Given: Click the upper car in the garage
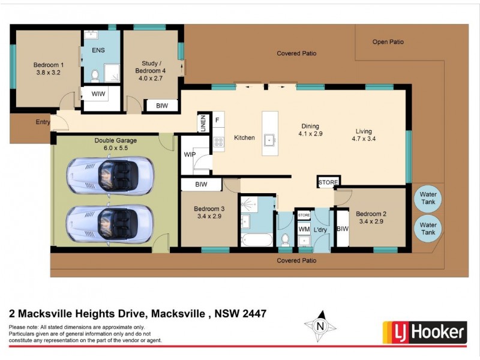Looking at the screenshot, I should click(x=110, y=175).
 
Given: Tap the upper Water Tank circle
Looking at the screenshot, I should click(x=427, y=199).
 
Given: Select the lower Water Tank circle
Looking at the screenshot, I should click(x=427, y=228).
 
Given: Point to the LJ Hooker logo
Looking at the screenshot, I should click(x=425, y=331).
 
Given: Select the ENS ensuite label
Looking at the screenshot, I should click(x=98, y=50).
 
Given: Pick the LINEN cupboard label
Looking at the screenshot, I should click(x=203, y=124).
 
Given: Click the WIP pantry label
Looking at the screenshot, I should click(x=190, y=154).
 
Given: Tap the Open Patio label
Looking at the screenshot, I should click(x=388, y=42).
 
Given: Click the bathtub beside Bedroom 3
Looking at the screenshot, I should click(x=257, y=240).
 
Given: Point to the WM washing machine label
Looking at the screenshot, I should click(x=304, y=229).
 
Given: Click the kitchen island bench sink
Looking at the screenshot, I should click(x=270, y=140).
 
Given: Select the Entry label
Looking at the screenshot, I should click(x=43, y=122).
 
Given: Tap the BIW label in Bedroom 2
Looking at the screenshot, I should click(x=343, y=229).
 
